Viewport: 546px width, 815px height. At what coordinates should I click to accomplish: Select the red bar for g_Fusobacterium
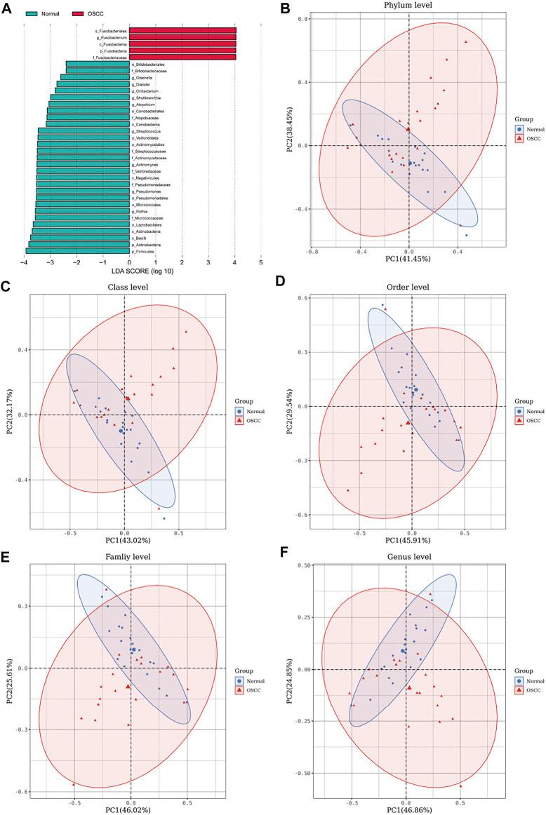tap(182, 36)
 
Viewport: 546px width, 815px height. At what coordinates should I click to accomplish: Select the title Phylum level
tap(408, 6)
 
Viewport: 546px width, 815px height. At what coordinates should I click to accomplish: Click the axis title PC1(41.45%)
tap(408, 259)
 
